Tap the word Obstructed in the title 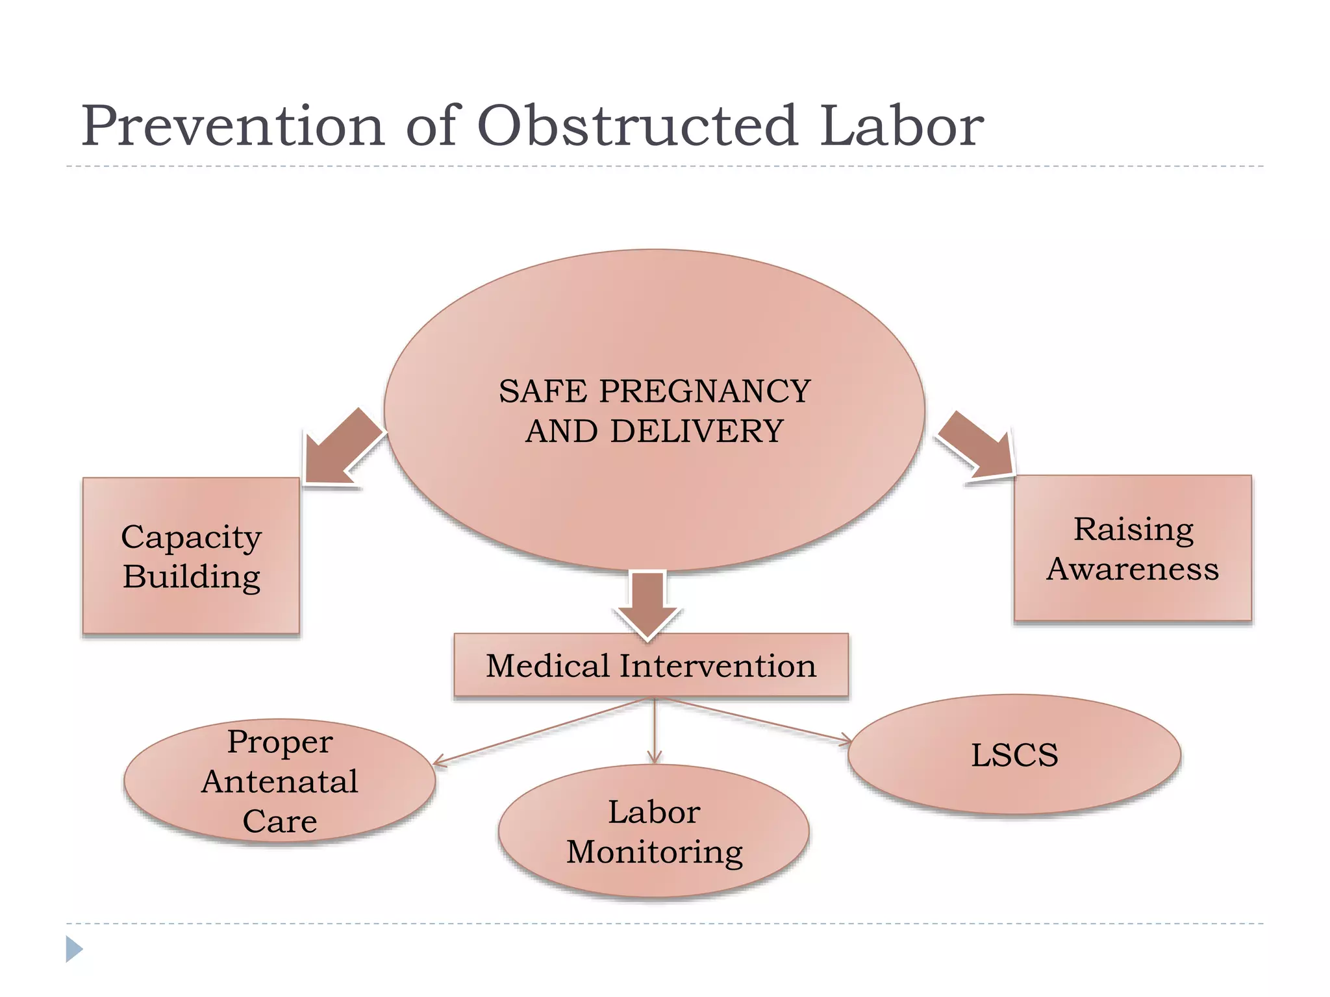coord(637,126)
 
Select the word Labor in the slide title coord(901,126)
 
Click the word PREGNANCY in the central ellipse coord(705,391)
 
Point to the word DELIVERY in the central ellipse coord(696,432)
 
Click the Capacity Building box coord(191,556)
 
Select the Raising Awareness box coord(1133,548)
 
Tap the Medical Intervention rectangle coord(651,666)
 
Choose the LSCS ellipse coord(1014,755)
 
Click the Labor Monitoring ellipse coord(654,831)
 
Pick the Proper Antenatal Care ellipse coord(279,781)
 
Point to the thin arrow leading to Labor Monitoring coord(654,730)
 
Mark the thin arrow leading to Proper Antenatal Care coord(539,732)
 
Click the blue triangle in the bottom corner coord(73,949)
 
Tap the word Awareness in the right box coord(1133,569)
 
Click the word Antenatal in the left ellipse coord(279,782)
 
